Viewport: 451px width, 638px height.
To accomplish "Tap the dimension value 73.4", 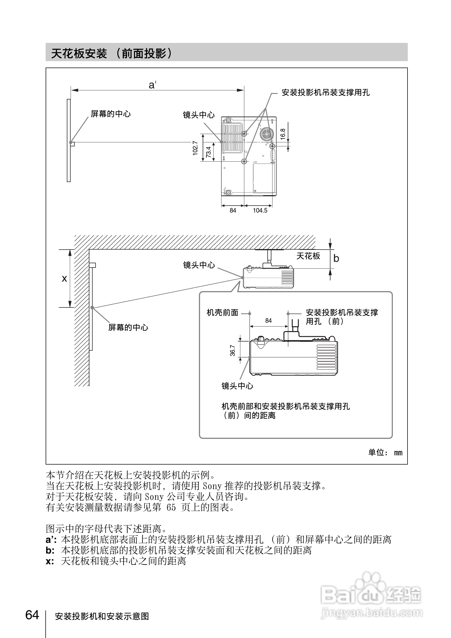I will [x=208, y=152].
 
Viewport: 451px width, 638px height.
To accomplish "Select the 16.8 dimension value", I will [x=283, y=134].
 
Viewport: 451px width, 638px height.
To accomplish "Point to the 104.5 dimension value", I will [x=260, y=211].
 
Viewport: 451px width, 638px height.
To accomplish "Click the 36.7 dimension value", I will [x=232, y=350].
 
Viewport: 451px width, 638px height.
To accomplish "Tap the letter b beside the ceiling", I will [x=336, y=259].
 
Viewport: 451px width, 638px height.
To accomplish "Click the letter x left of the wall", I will [x=64, y=279].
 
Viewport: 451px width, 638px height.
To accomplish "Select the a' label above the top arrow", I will [x=152, y=85].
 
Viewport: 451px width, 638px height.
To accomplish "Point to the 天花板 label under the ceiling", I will [x=308, y=256].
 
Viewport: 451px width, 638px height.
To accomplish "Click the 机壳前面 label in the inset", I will [x=222, y=313].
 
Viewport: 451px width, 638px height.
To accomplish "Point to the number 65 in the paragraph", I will [x=171, y=507].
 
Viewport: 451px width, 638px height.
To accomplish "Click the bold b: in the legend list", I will [x=50, y=550].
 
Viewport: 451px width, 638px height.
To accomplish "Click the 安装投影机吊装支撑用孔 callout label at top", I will [x=326, y=92].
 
